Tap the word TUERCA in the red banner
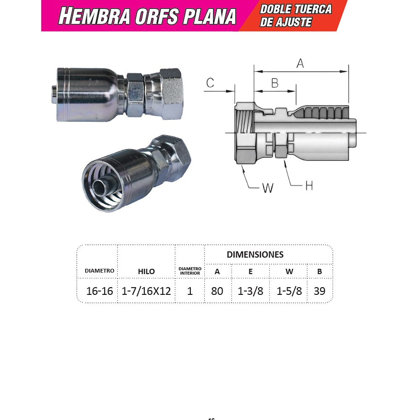313,9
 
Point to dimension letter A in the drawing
300,63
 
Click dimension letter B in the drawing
275,83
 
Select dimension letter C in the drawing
210,83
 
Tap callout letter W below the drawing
268,188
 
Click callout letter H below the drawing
309,186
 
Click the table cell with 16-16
100,291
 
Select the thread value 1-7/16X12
146,291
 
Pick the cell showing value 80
217,291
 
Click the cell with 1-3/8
250,291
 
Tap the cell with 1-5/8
289,291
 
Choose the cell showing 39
320,291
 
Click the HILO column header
146,271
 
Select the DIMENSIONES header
255,255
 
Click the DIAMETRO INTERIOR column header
190,271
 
